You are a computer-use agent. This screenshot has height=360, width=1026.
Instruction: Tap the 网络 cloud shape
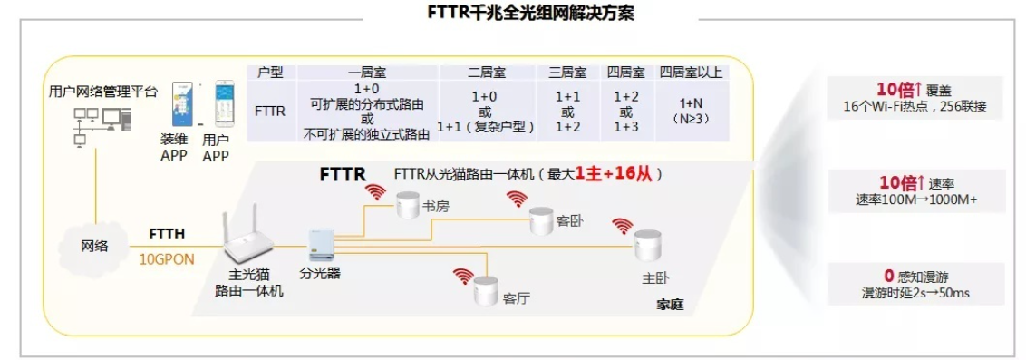click(x=93, y=246)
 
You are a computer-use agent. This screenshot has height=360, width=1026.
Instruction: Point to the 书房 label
click(x=436, y=207)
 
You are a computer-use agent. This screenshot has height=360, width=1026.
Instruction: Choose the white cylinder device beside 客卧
click(x=543, y=219)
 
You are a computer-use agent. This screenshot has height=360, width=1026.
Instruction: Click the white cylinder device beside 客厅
click(x=486, y=290)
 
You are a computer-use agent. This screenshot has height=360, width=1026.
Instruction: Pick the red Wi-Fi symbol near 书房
click(x=373, y=192)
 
